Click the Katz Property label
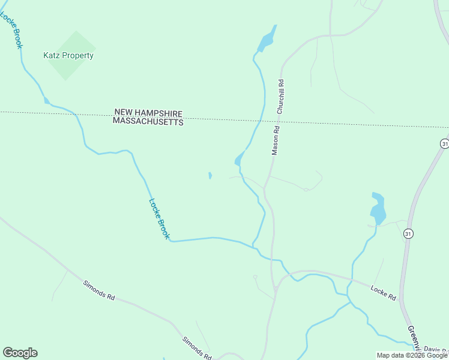point(68,56)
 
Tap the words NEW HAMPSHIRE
point(148,112)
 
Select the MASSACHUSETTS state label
point(148,121)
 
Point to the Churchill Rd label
point(280,97)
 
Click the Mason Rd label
point(276,140)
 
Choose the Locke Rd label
point(383,293)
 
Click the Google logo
point(20,353)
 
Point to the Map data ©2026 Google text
point(412,355)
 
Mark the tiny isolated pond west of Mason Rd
point(209,176)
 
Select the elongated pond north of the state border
point(267,40)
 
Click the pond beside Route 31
point(378,209)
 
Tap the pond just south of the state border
point(238,160)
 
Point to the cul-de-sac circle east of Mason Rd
point(306,190)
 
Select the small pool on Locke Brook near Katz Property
point(46,100)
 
